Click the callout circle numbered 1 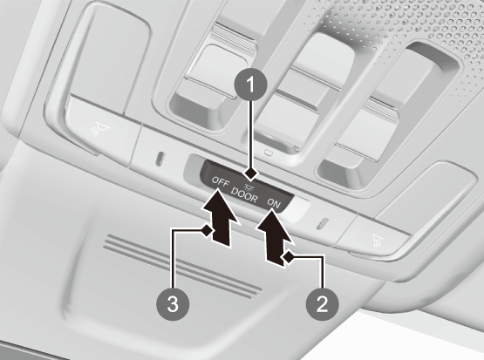[250, 85]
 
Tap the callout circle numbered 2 [322, 303]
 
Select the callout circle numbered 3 [173, 303]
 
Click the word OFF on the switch [221, 182]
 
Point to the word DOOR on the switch [244, 195]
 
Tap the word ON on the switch [274, 203]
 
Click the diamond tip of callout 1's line [251, 174]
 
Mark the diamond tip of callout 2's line [289, 257]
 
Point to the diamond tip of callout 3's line [207, 231]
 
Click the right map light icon [377, 241]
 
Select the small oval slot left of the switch [160, 159]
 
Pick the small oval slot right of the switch [323, 223]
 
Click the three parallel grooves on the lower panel [182, 266]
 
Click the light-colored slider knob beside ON [297, 209]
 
